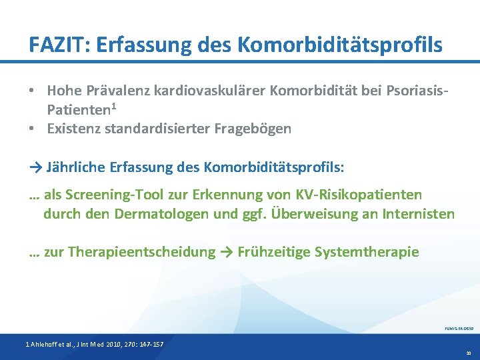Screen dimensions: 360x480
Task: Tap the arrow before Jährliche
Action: [36, 166]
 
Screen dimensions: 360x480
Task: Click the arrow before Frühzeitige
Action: [229, 252]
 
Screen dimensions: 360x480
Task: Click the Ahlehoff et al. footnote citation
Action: [94, 343]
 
